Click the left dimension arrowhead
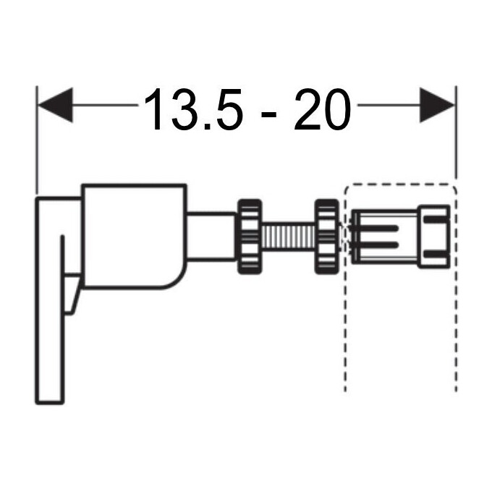pos(55,105)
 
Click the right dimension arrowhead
pos(437,105)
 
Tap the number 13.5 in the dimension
pos(194,109)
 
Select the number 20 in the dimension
pos(322,109)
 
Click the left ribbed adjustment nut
pos(250,237)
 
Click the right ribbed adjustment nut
pos(327,237)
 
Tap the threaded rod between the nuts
pos(289,237)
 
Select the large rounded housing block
pos(135,236)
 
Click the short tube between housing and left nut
pos(212,237)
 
